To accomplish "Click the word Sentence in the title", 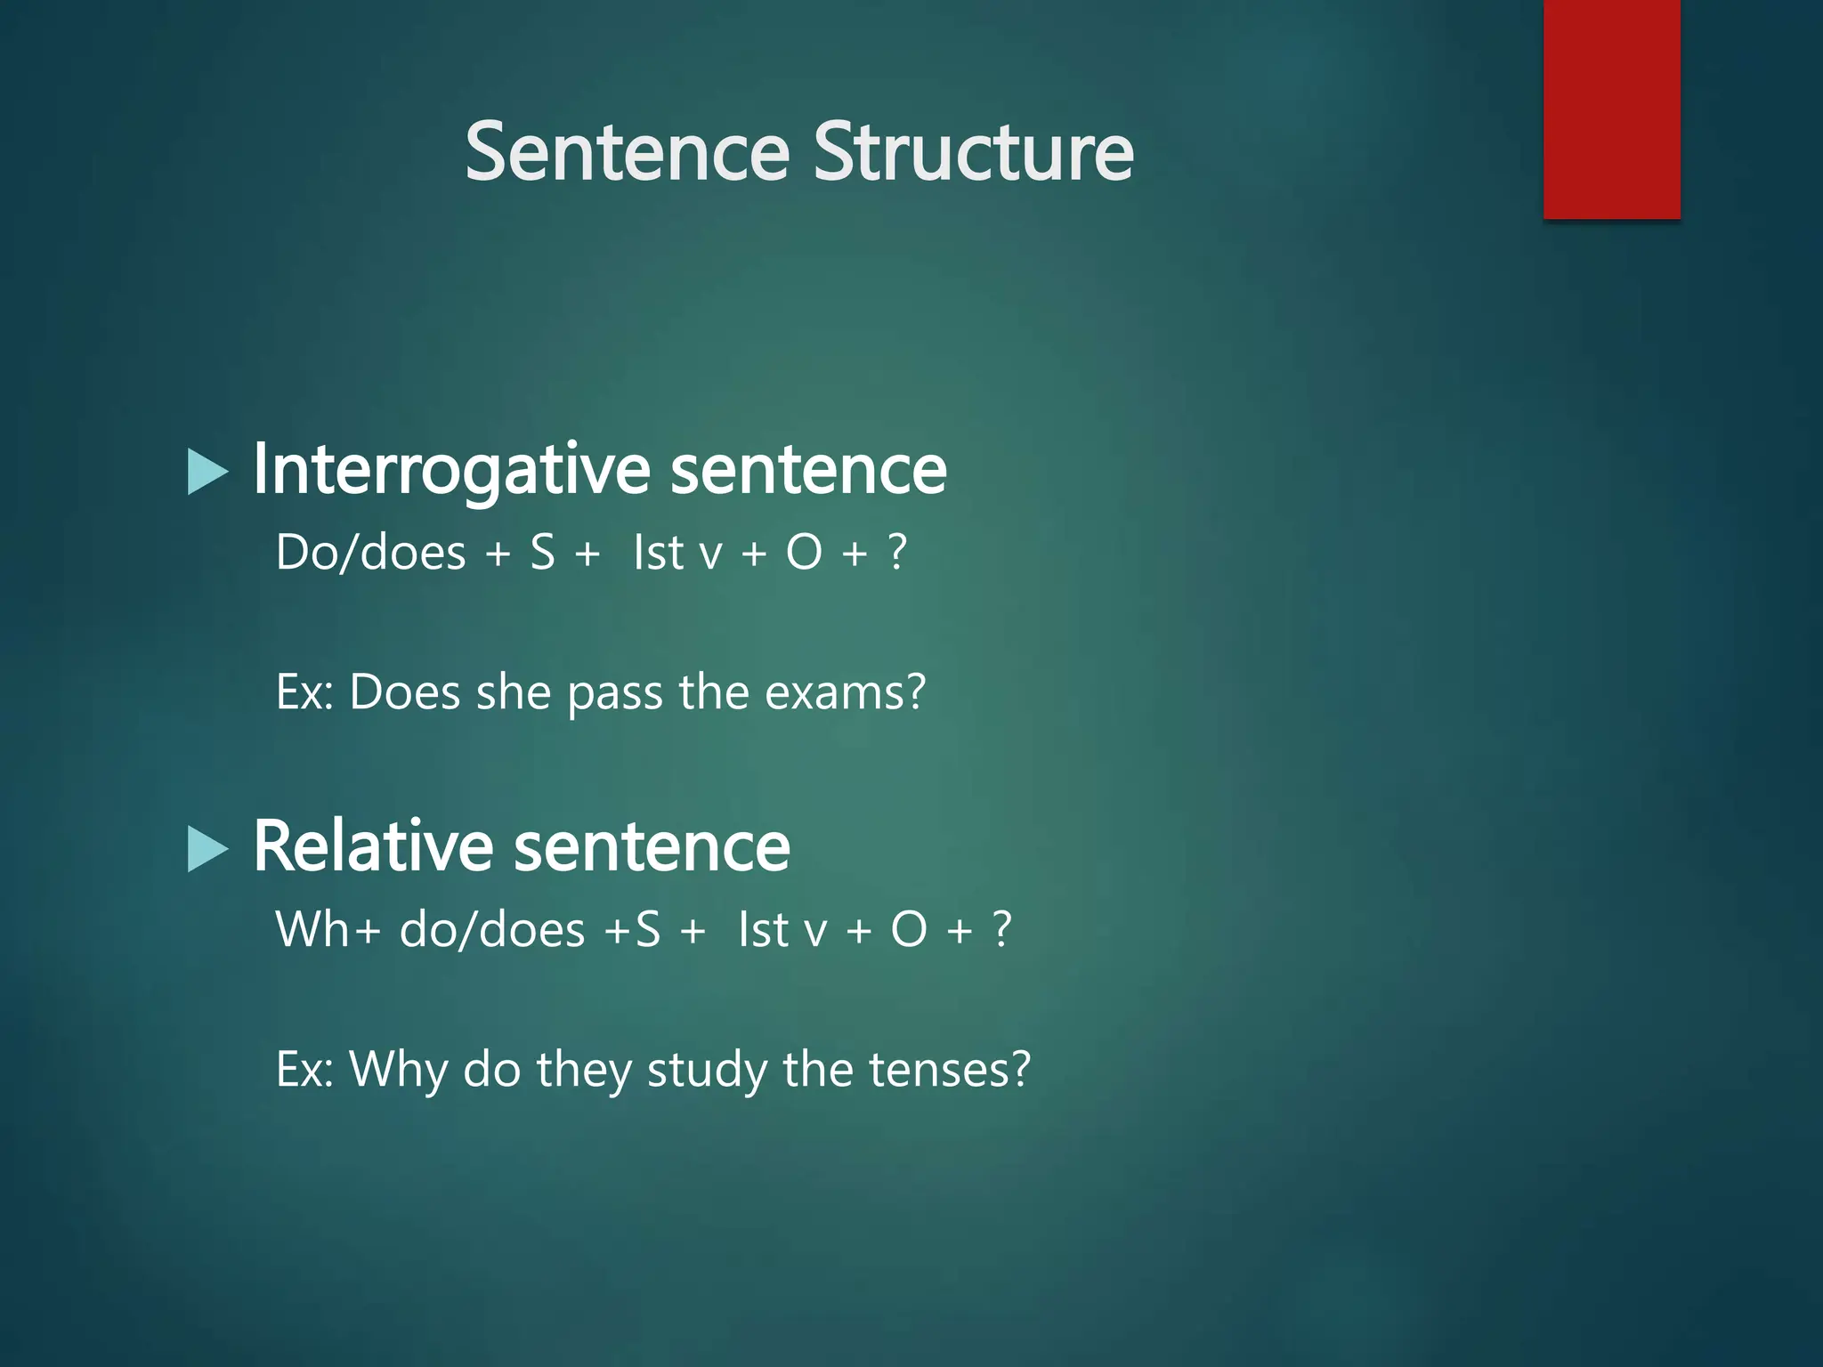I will [627, 152].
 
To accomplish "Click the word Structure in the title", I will [973, 152].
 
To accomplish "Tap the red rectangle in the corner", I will [1611, 109].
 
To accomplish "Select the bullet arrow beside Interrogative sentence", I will [208, 472].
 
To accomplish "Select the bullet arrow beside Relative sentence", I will [208, 848].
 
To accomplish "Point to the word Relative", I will [373, 845].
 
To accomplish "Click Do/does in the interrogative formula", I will [370, 553].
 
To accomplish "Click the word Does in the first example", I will [404, 692].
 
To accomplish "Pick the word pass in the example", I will [615, 693].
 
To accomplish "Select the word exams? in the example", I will [845, 692].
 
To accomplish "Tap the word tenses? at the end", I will [949, 1069].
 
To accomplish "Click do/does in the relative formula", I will [492, 929].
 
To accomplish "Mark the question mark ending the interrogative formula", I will [897, 553].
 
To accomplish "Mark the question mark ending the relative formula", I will [1002, 929].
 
